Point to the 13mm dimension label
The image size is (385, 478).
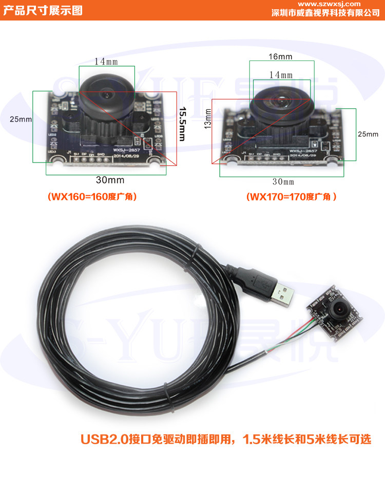[208, 118]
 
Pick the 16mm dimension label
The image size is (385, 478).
[280, 56]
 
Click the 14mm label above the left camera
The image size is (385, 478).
[106, 61]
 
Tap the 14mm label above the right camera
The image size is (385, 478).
[281, 75]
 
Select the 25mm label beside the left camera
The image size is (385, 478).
[21, 119]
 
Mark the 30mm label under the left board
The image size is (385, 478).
[110, 180]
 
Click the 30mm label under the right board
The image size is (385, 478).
[283, 182]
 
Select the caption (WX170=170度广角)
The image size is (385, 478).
[291, 197]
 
